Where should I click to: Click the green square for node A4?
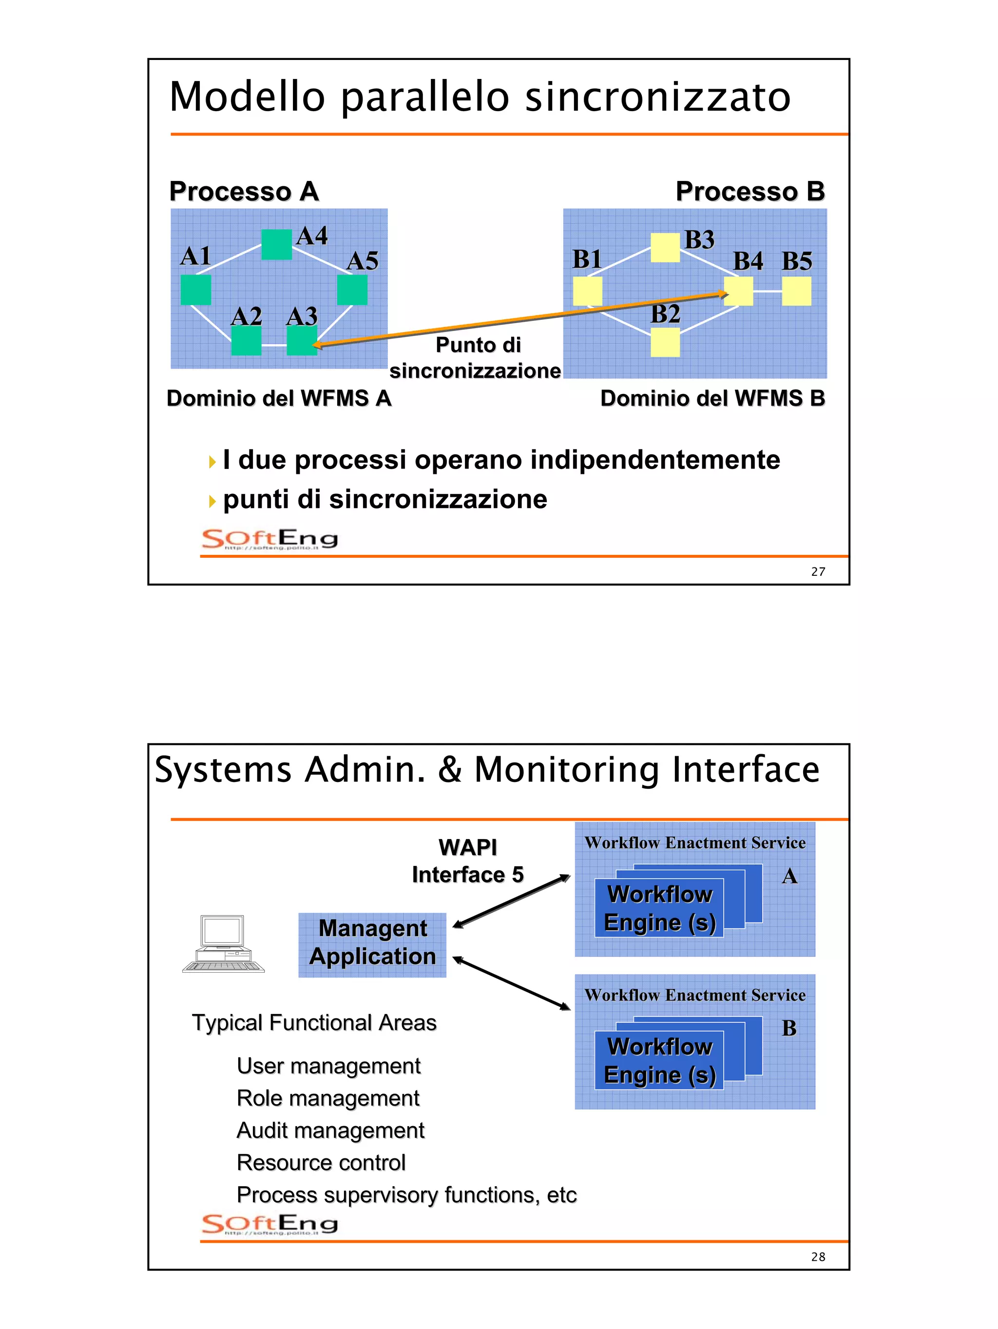point(276,245)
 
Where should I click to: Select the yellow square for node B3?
point(665,248)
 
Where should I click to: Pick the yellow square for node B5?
point(796,291)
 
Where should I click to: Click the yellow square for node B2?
point(665,342)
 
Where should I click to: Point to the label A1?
point(195,256)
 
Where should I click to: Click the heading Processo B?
point(749,192)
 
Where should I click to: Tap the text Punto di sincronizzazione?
point(476,358)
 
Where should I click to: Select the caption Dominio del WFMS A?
point(279,398)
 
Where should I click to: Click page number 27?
point(818,571)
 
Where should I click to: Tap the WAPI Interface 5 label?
point(467,861)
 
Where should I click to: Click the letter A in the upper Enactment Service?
point(789,877)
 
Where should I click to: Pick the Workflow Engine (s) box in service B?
point(659,1060)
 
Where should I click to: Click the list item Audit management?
point(330,1130)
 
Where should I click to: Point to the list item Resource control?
point(321,1163)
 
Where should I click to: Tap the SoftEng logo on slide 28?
point(269,1225)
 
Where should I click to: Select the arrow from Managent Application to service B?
point(511,983)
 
